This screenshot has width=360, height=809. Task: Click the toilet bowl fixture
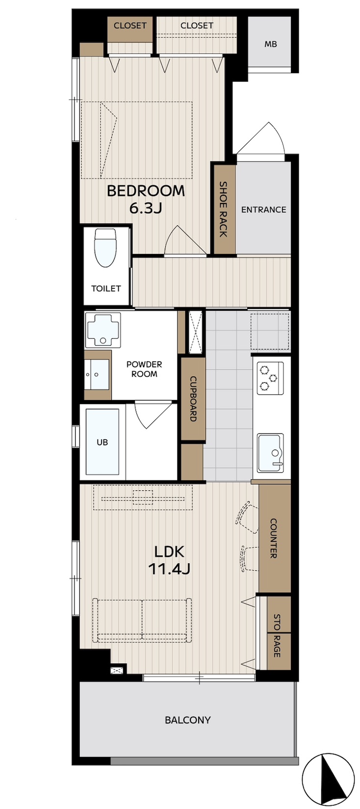click(105, 248)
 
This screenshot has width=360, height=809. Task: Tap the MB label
click(271, 44)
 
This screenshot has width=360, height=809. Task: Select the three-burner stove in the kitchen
click(270, 378)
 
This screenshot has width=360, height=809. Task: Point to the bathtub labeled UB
click(103, 442)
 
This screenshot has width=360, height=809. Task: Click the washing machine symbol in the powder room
click(103, 330)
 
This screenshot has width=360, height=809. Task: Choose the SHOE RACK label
click(223, 209)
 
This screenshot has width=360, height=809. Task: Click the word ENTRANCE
click(263, 209)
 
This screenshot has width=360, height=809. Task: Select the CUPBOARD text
click(193, 399)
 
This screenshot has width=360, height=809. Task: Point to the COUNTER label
click(274, 538)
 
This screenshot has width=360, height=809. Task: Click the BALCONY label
click(187, 720)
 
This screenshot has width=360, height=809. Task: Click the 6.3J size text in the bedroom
click(145, 208)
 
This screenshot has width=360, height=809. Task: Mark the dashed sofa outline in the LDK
click(142, 620)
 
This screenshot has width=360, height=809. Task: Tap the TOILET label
click(106, 288)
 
